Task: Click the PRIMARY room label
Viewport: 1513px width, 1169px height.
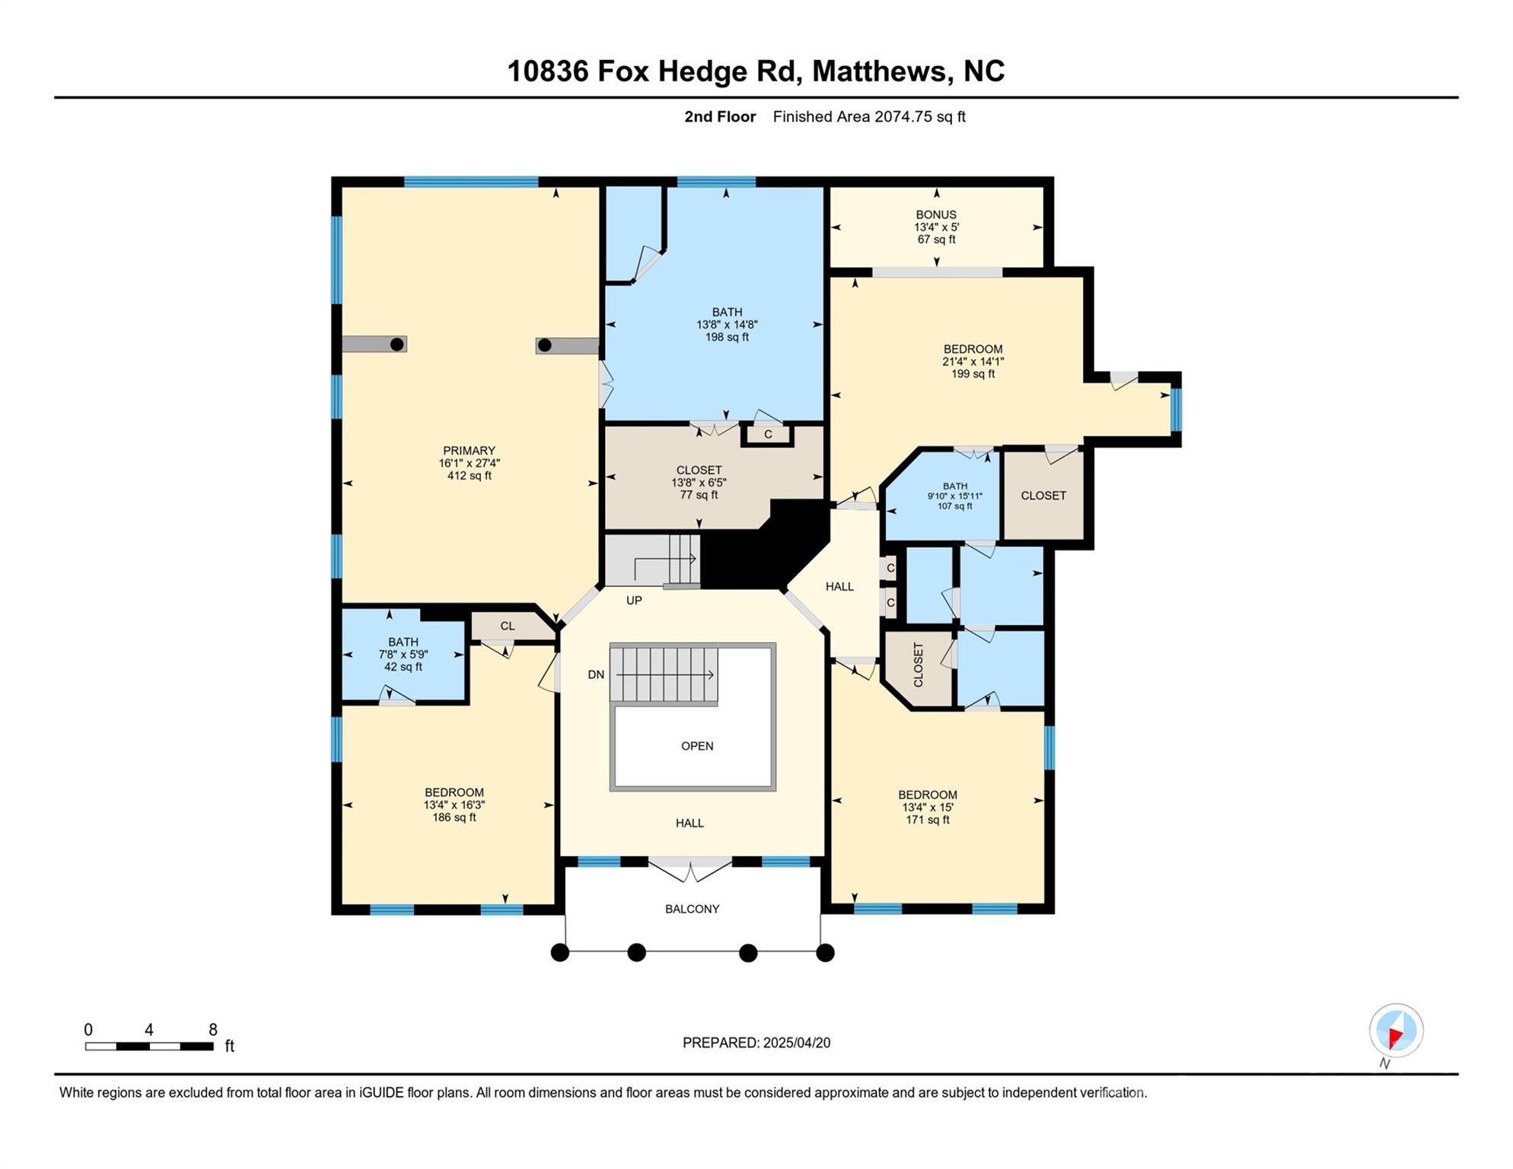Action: pos(469,451)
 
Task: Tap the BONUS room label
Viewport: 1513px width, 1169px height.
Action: pos(936,215)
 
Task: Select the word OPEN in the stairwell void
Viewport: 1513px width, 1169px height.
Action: pos(697,746)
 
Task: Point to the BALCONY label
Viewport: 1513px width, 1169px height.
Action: pos(692,909)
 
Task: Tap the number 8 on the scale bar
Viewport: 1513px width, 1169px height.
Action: pos(213,1030)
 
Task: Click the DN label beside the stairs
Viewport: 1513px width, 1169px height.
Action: pos(596,674)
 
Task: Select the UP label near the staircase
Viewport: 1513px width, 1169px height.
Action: pos(634,600)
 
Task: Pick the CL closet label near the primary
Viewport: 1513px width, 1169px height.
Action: pos(508,626)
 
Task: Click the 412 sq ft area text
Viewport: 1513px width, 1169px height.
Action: pos(470,476)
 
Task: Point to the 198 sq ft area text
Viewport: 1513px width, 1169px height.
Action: pos(727,336)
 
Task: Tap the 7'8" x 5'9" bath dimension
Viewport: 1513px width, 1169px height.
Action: pos(403,655)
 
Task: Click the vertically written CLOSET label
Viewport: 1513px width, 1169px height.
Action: pos(919,665)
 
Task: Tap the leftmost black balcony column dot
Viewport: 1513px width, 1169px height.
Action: pos(559,952)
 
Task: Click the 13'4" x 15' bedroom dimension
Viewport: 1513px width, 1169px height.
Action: pos(928,807)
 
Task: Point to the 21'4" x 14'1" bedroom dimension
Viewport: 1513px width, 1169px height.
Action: pos(973,362)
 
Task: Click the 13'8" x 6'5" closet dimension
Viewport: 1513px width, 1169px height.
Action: pos(699,483)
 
